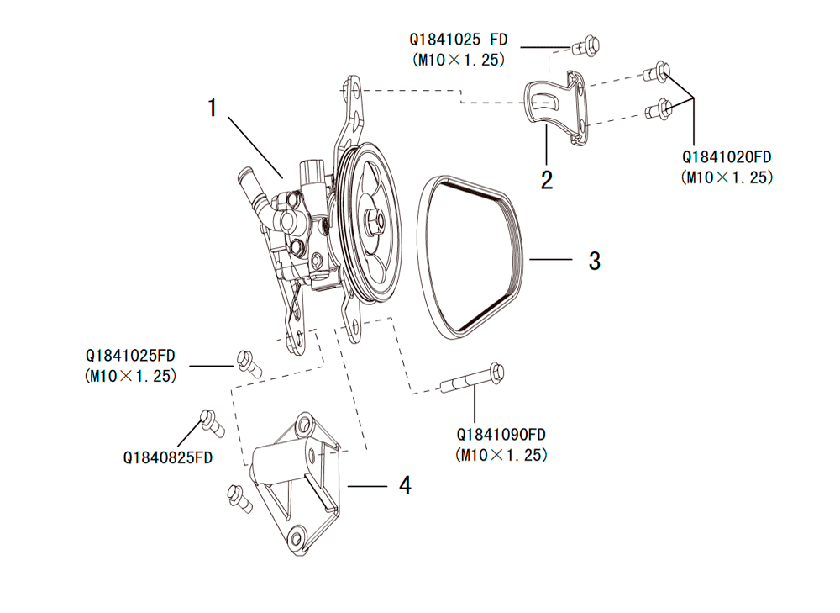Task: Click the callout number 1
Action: [x=213, y=108]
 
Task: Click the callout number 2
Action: [x=547, y=179]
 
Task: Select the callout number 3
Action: [x=595, y=261]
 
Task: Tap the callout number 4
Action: [x=405, y=485]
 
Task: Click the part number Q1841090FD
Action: [x=501, y=435]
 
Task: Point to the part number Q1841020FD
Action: [x=727, y=157]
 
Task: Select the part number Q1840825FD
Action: [x=167, y=457]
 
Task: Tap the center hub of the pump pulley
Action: [x=375, y=222]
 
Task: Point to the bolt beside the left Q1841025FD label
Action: [x=248, y=361]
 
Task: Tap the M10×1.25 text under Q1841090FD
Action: [x=501, y=455]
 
